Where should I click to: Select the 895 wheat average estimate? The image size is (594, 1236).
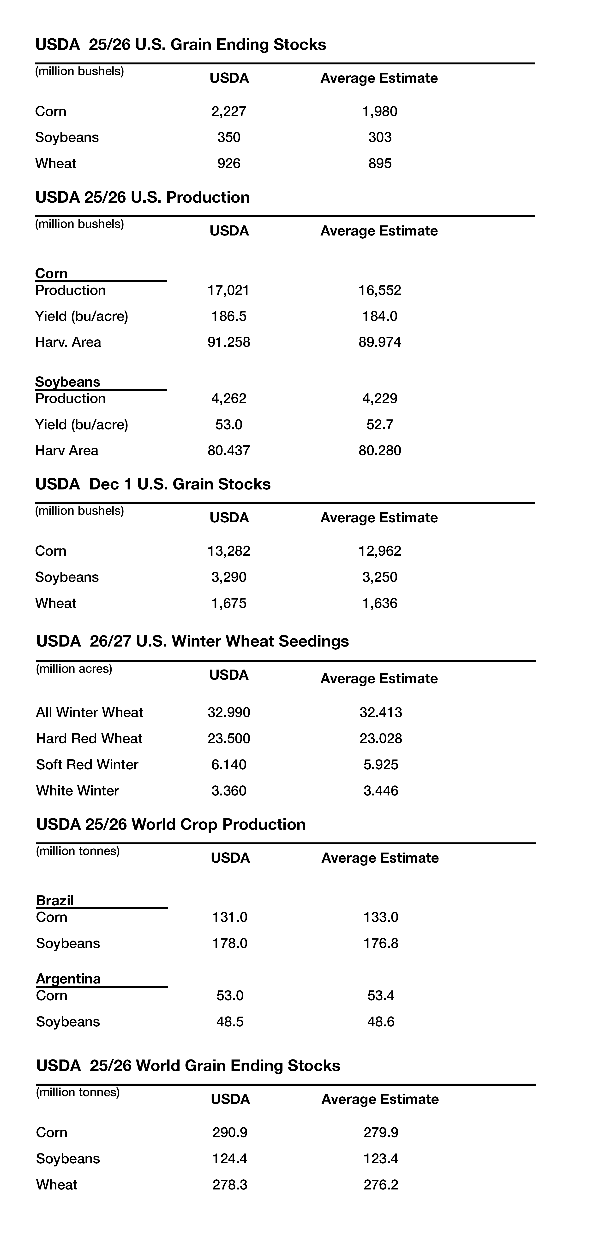point(380,164)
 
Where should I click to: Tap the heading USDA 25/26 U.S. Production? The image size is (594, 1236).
point(143,197)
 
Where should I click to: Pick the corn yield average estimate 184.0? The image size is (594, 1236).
point(380,316)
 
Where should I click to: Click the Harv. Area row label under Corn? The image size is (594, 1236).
point(68,342)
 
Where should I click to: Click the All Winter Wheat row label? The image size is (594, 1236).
point(89,712)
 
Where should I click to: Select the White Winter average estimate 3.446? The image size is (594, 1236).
point(381,791)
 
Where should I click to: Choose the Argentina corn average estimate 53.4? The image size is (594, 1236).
point(381,996)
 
